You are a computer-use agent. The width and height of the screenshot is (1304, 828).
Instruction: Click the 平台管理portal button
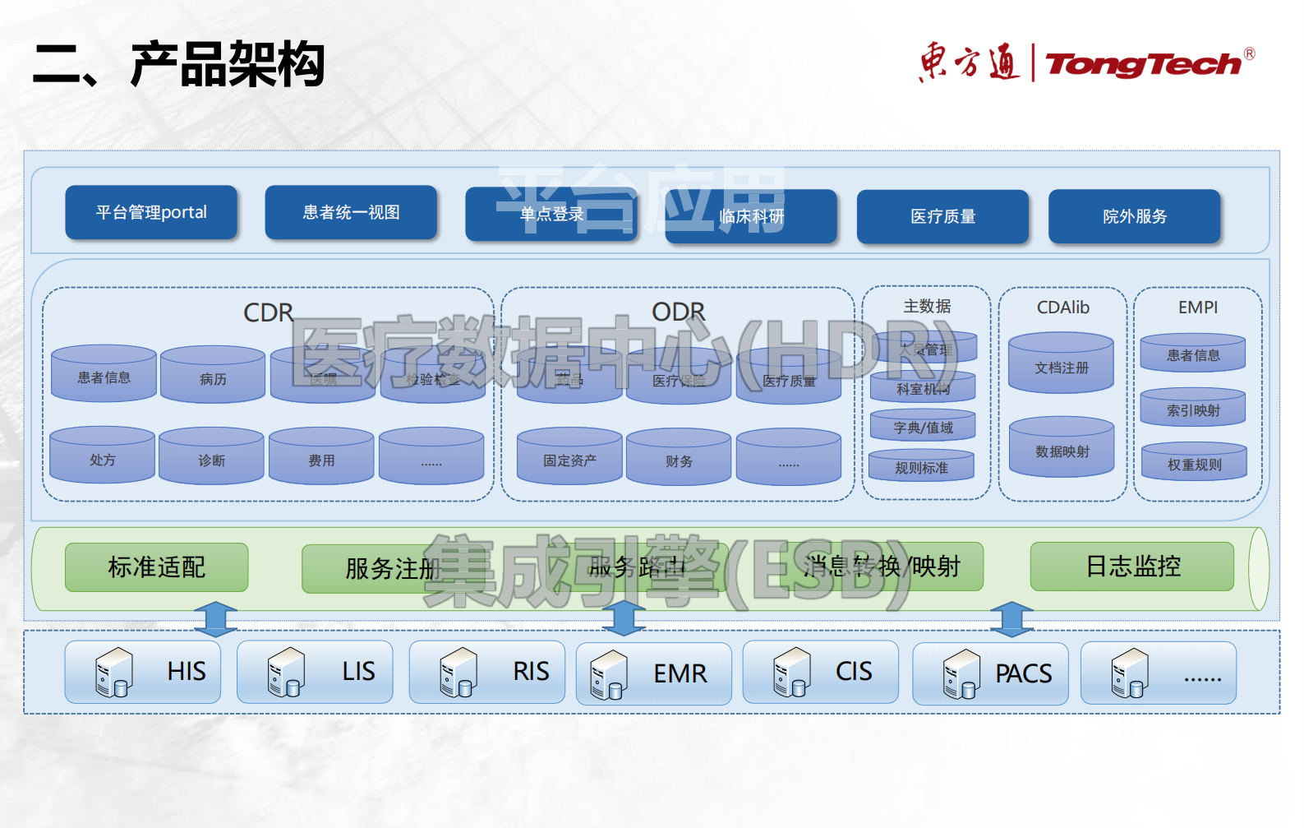point(151,212)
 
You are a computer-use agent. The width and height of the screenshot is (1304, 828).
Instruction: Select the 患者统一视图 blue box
point(351,212)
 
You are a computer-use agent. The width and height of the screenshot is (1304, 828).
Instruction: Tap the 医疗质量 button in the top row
point(942,216)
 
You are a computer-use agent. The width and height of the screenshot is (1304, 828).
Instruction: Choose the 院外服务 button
point(1135,216)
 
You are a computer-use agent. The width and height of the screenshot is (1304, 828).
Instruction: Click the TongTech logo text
point(1143,64)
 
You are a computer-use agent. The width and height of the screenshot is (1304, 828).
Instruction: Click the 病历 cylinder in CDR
point(213,376)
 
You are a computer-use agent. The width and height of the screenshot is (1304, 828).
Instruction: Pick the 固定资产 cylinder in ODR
point(569,457)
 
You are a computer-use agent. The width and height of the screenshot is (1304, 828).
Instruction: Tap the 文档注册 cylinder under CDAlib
point(1061,364)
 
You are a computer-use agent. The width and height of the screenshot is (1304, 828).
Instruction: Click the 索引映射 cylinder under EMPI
point(1193,408)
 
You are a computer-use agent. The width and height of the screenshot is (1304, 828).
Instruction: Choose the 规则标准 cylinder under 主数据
point(921,465)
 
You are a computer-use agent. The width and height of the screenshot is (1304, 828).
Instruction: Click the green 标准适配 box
point(156,567)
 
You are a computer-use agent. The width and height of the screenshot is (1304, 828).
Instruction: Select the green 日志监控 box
point(1132,566)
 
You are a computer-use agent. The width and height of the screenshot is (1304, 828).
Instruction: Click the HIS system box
point(143,672)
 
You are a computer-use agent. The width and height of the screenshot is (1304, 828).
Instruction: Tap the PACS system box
point(990,673)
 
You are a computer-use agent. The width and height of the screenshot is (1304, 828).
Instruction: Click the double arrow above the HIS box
point(215,619)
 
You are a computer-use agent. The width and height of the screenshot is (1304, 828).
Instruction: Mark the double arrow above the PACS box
point(1011,619)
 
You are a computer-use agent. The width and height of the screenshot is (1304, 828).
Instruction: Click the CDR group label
point(268,312)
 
